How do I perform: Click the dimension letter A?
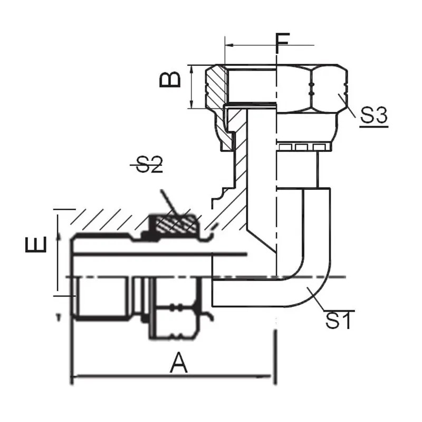pos(178,363)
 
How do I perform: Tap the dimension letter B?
pos(170,80)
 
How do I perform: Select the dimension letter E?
pos(36,245)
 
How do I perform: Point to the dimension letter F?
pos(283,43)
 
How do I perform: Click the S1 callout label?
pos(338,320)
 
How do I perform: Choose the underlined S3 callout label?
pos(374,116)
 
